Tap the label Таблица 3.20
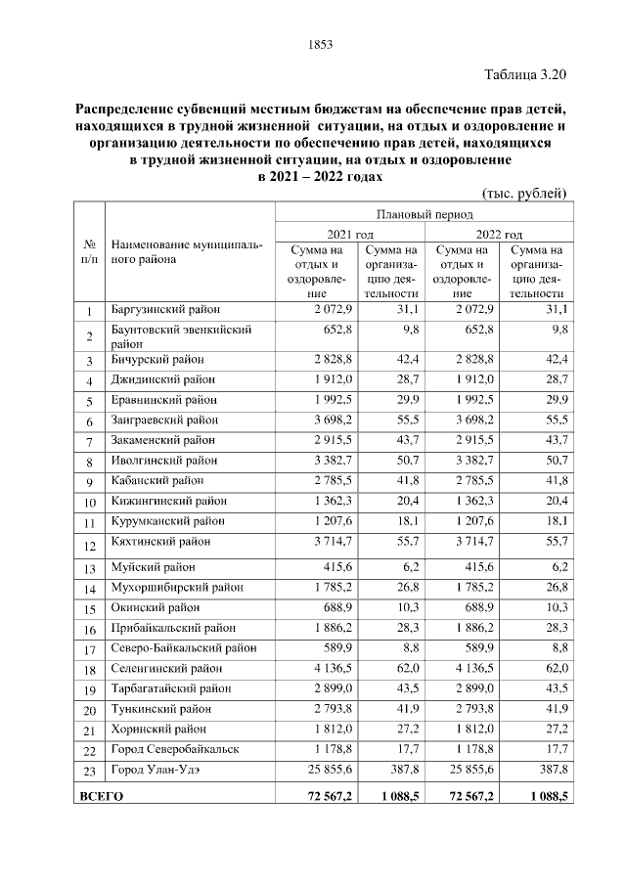(525, 75)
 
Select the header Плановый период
(424, 213)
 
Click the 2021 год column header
(350, 235)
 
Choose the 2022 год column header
(499, 235)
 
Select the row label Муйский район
(153, 566)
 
